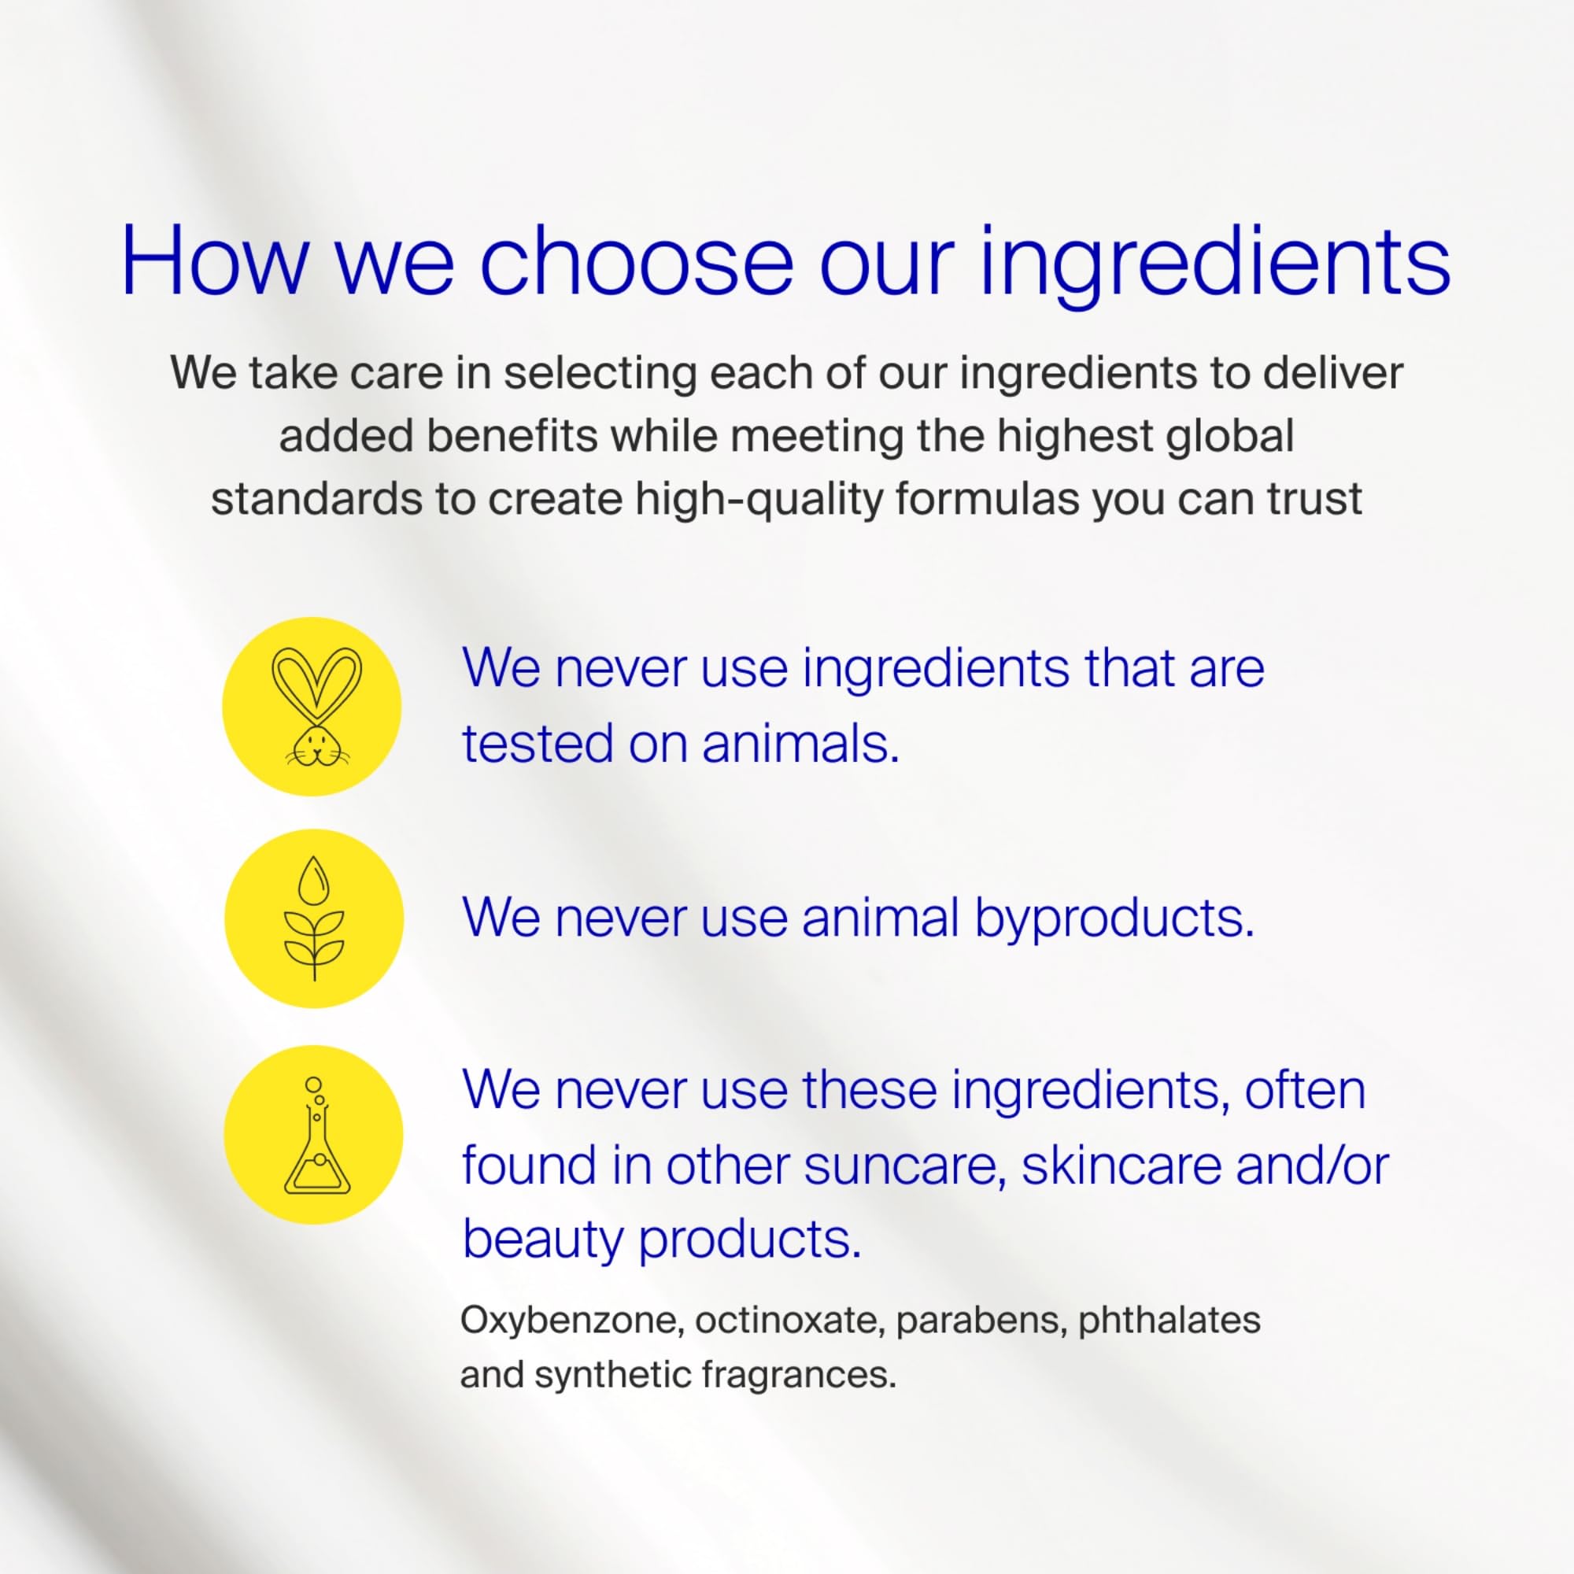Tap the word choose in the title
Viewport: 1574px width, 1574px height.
coord(636,260)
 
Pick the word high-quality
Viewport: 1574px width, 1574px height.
coord(759,499)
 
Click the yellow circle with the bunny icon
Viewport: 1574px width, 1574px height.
coord(312,707)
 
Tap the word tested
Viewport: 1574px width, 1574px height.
coord(537,744)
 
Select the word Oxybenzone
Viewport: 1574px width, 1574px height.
coord(572,1321)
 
